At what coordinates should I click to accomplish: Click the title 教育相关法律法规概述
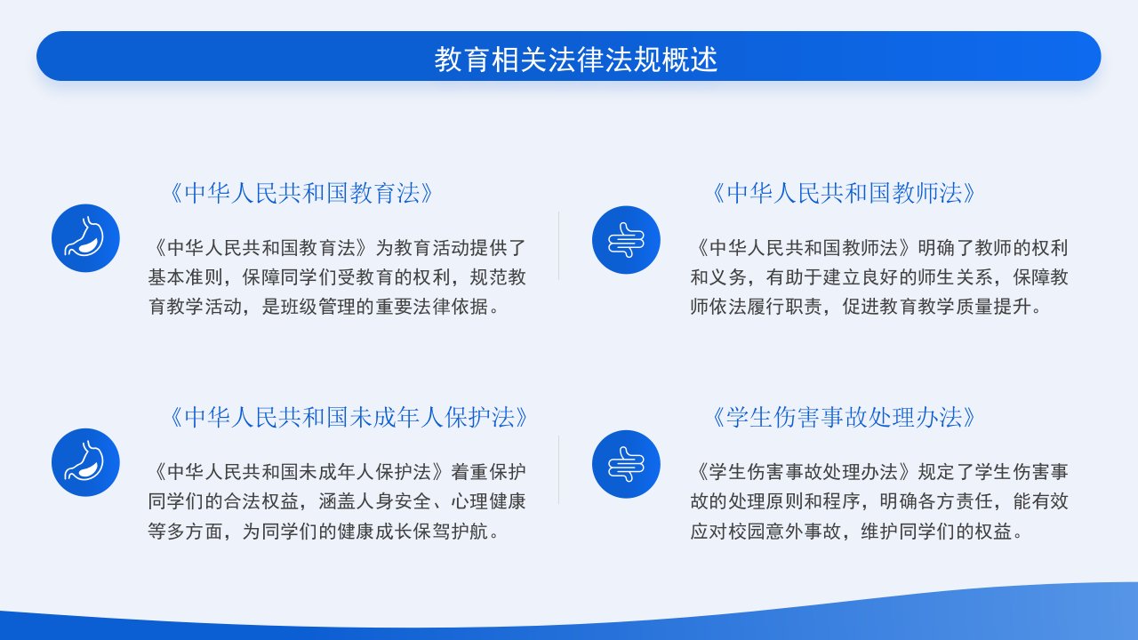575,60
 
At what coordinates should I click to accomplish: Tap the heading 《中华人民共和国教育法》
301,194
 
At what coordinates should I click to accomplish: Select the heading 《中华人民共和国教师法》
844,194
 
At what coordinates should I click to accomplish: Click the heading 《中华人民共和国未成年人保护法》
348,418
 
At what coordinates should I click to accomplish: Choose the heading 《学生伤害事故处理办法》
844,418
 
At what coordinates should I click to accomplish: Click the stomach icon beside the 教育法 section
85,238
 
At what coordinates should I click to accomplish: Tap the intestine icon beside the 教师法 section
626,240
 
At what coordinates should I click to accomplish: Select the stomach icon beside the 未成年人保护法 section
85,462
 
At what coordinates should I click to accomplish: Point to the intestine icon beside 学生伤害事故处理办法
626,464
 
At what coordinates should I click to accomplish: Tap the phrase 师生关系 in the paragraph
955,277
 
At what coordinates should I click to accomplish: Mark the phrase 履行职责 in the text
785,307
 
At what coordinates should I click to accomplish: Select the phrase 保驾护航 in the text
451,532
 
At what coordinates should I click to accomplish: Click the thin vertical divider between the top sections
559,246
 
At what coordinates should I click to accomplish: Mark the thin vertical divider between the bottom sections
559,470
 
